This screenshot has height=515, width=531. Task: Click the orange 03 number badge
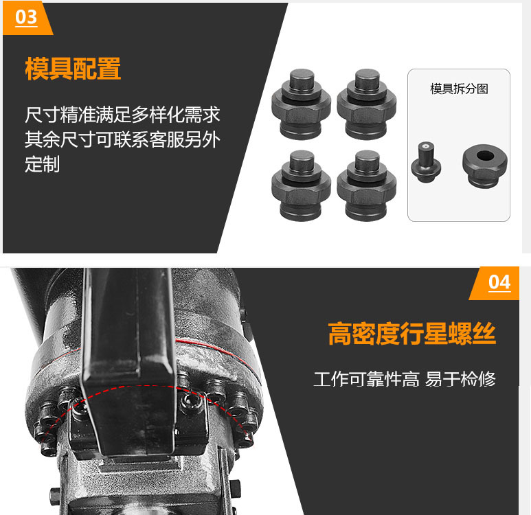pyautogui.click(x=27, y=18)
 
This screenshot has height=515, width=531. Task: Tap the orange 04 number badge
pyautogui.click(x=495, y=283)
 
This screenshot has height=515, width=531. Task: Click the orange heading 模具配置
pyautogui.click(x=73, y=69)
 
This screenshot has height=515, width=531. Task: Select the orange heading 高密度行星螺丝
pyautogui.click(x=411, y=334)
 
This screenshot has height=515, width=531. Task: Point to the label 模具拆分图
pyautogui.click(x=459, y=89)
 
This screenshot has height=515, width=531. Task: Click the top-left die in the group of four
pyautogui.click(x=301, y=104)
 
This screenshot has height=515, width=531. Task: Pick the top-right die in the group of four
pyautogui.click(x=366, y=104)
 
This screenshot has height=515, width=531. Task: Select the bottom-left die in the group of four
pyautogui.click(x=301, y=185)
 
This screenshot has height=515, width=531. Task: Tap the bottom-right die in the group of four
pyautogui.click(x=366, y=185)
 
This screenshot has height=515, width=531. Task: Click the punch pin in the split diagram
pyautogui.click(x=426, y=162)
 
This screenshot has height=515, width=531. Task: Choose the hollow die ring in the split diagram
pyautogui.click(x=484, y=166)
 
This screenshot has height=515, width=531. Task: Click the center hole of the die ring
pyautogui.click(x=485, y=156)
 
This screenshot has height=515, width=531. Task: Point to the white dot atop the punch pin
pyautogui.click(x=426, y=146)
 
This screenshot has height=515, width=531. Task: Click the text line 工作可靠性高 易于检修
pyautogui.click(x=405, y=379)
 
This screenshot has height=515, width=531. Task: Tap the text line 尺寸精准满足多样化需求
pyautogui.click(x=122, y=115)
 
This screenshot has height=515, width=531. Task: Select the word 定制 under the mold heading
pyautogui.click(x=43, y=164)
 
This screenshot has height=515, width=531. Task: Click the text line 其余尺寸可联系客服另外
pyautogui.click(x=122, y=139)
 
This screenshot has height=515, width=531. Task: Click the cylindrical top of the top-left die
pyautogui.click(x=302, y=80)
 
